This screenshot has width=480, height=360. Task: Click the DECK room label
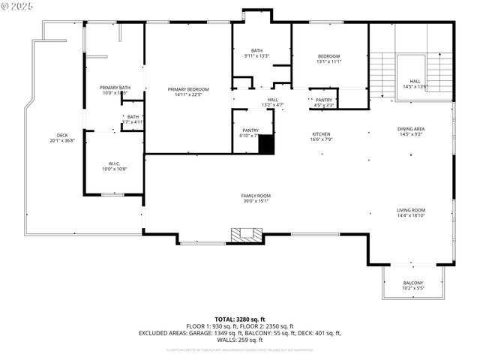click(62, 136)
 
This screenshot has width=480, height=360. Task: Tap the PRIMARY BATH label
click(115, 88)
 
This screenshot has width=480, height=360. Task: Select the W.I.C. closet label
click(114, 163)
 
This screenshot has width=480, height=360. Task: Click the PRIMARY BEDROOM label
click(187, 88)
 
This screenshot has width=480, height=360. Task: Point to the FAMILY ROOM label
click(255, 196)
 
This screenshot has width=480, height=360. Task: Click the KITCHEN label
click(321, 135)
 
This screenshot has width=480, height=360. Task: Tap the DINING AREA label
click(410, 129)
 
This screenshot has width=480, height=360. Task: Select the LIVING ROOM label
click(411, 210)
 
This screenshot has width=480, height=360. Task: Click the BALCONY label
click(413, 283)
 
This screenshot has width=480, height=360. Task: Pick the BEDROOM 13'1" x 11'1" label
click(328, 56)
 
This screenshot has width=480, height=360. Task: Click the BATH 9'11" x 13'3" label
click(256, 51)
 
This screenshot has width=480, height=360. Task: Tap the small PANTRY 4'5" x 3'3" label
click(324, 100)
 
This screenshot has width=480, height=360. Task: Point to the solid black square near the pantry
click(266, 145)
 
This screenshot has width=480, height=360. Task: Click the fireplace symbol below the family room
click(244, 235)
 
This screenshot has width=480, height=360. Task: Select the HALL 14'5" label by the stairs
click(415, 81)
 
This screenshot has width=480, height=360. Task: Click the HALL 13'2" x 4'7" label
click(272, 100)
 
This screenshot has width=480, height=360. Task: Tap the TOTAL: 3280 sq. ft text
click(240, 319)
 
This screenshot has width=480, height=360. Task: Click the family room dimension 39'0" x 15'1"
click(255, 201)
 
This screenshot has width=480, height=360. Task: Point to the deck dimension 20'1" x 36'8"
click(62, 141)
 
